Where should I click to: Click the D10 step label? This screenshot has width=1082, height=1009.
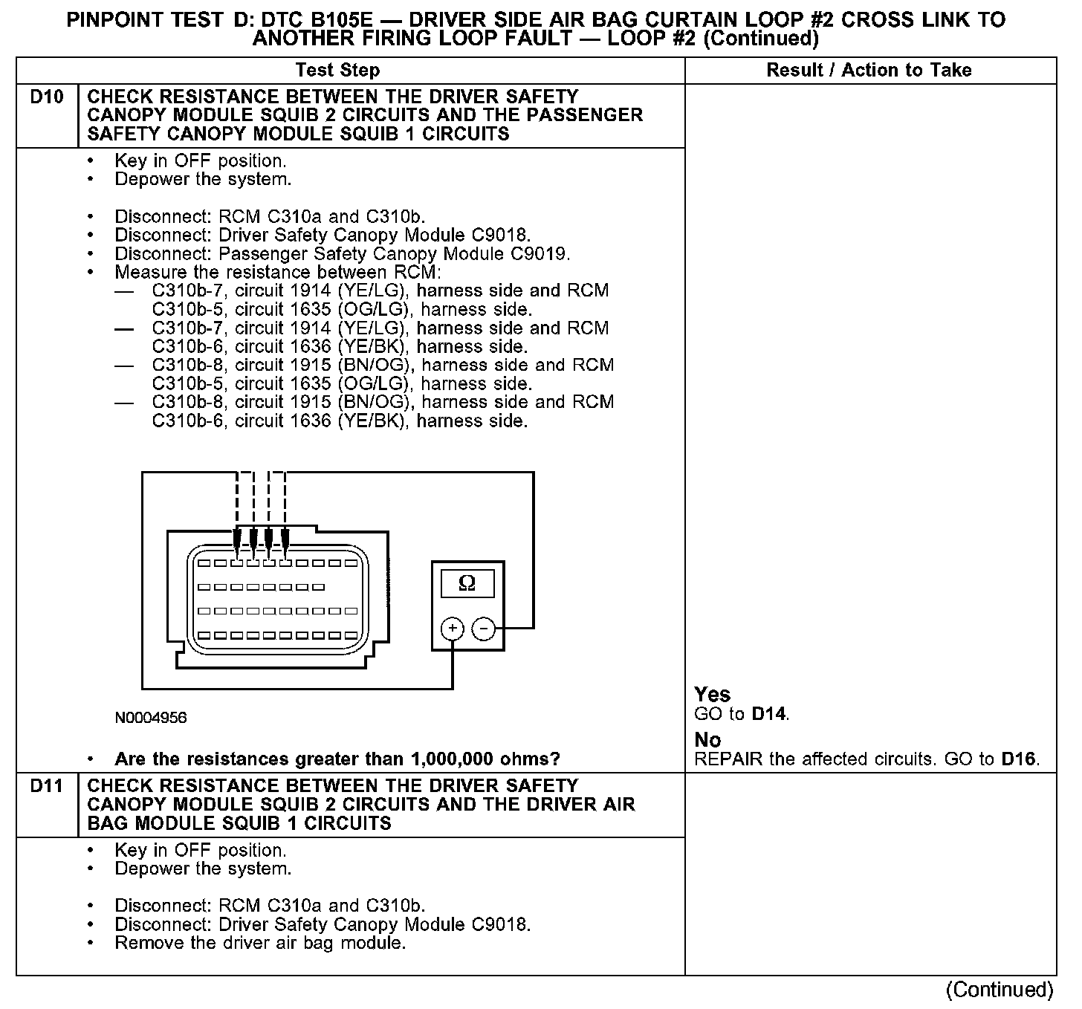47,97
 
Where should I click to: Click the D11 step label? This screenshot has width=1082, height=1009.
47,786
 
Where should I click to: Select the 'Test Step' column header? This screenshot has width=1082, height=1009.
337,71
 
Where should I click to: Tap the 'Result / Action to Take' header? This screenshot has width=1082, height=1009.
869,71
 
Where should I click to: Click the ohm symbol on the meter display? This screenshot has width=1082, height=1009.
467,583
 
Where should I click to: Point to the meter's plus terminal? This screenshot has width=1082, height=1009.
453,630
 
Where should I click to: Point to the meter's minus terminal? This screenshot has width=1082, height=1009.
484,630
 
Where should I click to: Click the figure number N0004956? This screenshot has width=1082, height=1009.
151,718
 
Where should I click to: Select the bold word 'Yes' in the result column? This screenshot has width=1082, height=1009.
712,695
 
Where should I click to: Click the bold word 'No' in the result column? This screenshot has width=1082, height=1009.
707,740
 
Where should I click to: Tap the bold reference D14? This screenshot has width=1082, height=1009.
768,715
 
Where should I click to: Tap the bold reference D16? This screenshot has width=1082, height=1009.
1018,759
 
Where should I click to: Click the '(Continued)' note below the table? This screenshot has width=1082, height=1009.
1000,990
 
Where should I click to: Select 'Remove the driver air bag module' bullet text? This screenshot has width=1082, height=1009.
260,944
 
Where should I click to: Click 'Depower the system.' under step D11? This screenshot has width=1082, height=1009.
203,869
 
